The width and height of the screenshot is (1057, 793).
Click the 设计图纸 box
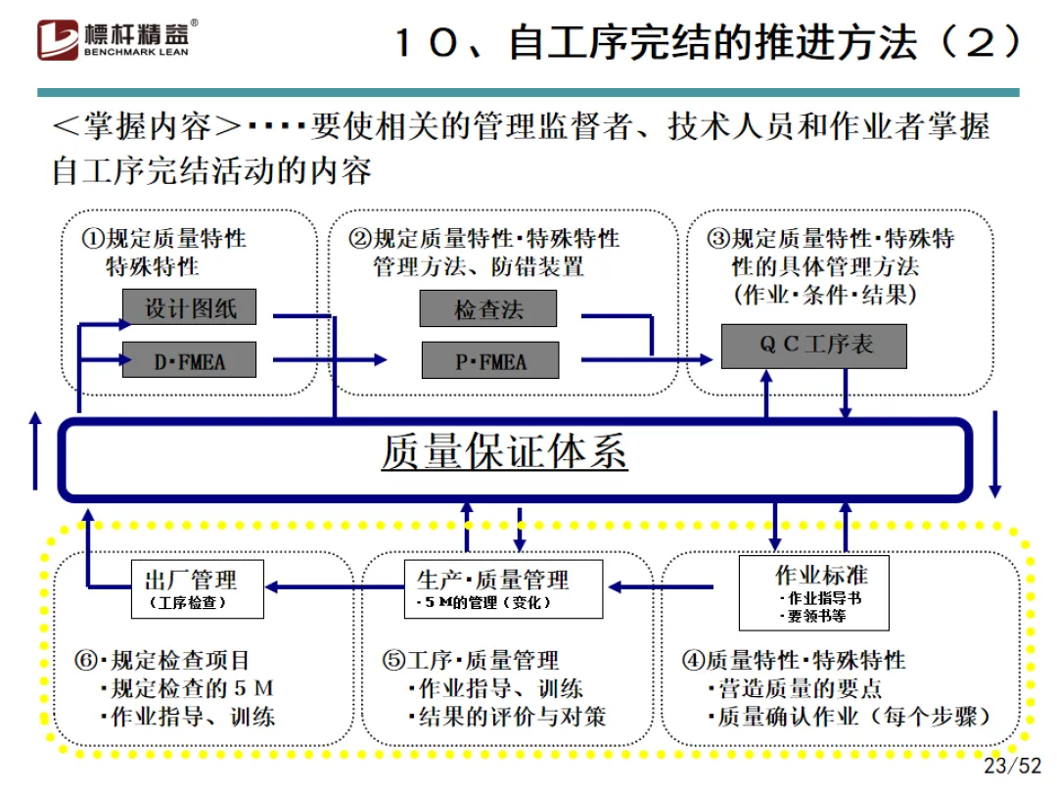coord(190,308)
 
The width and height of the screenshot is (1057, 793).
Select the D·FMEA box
coord(189,360)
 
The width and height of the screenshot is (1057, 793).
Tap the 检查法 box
coord(487,309)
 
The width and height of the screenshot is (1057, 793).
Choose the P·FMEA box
coord(489,360)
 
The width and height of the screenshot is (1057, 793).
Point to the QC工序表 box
coord(813,346)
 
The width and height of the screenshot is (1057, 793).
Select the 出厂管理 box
coord(198,588)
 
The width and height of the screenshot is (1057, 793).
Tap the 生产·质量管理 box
coord(504,588)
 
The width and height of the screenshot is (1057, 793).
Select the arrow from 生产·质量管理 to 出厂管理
coord(334,587)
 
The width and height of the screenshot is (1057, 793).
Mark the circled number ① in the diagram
coord(93,239)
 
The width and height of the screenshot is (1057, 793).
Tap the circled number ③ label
coord(719,239)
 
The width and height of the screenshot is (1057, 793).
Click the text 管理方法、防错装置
coord(478,266)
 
